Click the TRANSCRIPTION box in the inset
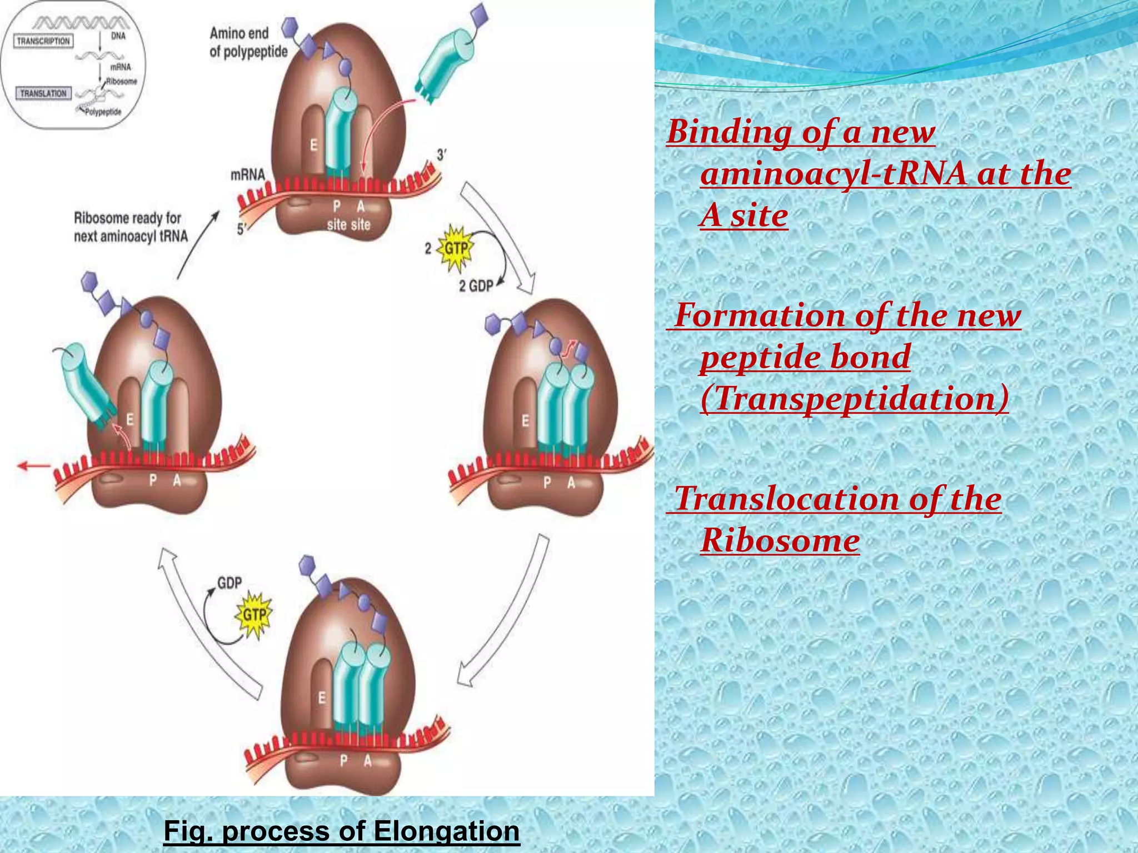[x=43, y=41]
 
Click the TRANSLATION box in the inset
[x=43, y=93]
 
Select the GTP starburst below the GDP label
[x=254, y=615]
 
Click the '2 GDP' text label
[x=476, y=286]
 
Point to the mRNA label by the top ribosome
[x=248, y=174]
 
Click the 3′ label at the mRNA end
[x=441, y=155]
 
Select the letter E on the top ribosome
[x=313, y=145]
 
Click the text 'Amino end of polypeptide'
[x=248, y=43]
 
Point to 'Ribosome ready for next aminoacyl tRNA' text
[x=131, y=227]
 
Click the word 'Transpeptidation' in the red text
[x=854, y=399]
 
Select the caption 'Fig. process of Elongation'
[x=341, y=831]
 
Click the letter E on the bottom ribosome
[x=322, y=698]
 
